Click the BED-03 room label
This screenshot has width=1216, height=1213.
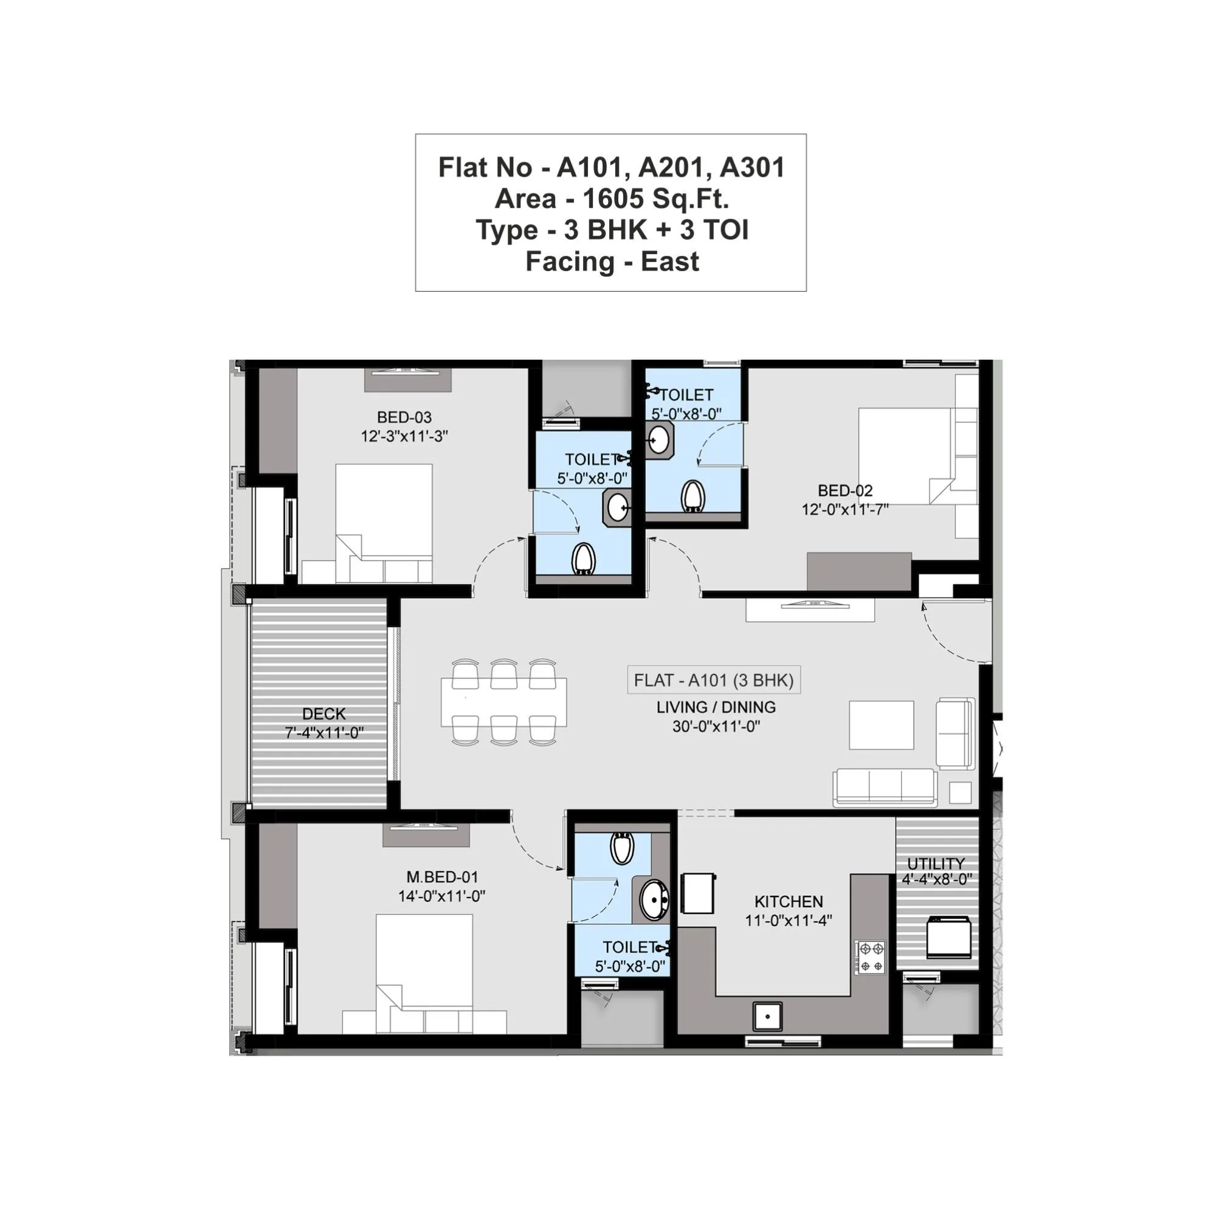coord(404,417)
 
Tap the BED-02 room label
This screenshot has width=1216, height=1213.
coord(845,490)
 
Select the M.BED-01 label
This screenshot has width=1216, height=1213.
coord(442,876)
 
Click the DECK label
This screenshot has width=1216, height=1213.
coord(323,713)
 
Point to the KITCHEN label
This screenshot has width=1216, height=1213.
coord(788,901)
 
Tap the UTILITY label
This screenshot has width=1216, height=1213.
coord(935,863)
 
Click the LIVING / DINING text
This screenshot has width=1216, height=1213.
coord(716,707)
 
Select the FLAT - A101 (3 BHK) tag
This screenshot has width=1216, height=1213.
coord(713,680)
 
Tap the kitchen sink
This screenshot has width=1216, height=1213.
coord(767,1015)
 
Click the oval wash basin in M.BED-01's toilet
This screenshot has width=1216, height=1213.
coord(655,899)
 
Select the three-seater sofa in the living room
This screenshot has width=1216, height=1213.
coord(884,787)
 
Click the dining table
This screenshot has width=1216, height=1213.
coord(503,701)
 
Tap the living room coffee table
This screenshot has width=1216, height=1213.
coord(881,725)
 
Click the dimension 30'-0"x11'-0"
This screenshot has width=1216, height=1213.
coord(716,727)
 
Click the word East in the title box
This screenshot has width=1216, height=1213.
coord(669,262)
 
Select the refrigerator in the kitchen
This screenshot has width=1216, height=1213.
coord(698,893)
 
